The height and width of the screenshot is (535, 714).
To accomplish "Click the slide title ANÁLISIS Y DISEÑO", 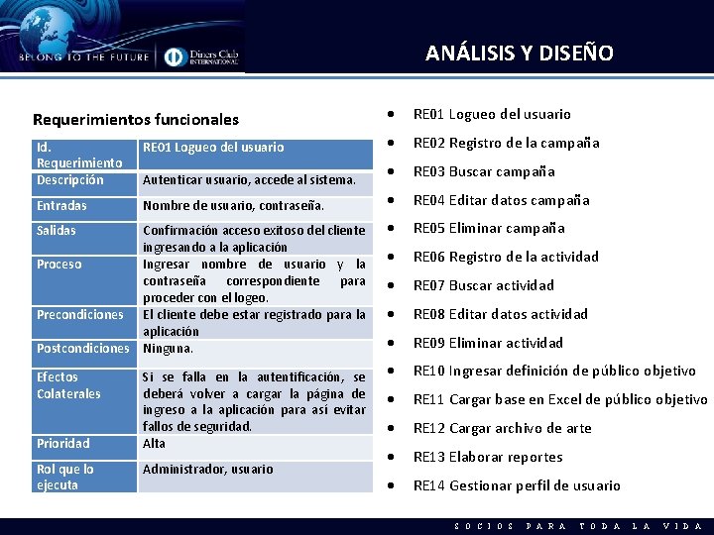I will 519,53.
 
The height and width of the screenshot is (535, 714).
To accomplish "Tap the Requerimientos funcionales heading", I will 136,119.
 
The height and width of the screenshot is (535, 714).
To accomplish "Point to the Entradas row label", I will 61,206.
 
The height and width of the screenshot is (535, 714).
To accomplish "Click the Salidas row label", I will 58,230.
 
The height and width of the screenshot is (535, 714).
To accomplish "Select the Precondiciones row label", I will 79,315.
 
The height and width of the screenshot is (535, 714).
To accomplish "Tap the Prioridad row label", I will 62,443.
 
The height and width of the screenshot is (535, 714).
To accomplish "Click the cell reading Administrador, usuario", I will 207,469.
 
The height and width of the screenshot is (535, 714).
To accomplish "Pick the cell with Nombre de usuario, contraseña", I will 233,206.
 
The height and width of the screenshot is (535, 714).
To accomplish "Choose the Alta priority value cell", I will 155,443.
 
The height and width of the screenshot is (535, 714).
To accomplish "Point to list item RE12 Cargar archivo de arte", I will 502,428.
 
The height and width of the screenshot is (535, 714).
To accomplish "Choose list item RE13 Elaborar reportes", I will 488,457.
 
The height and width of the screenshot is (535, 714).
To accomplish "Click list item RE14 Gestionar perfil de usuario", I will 517,485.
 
